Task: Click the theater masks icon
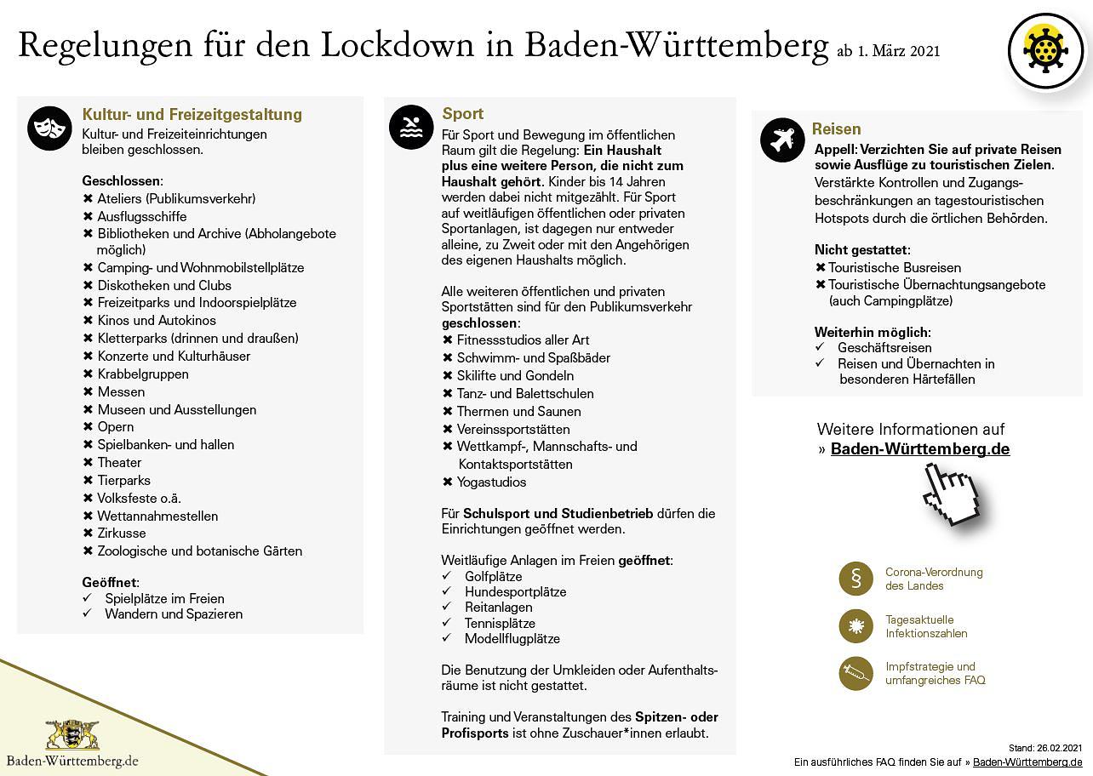49,128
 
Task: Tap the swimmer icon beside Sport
411,127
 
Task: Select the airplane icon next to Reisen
781,140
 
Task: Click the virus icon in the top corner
1045,51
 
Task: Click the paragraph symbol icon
856,579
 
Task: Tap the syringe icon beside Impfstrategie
856,674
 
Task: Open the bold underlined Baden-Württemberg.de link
920,449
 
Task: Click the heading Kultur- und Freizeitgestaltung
192,114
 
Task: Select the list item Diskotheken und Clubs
164,285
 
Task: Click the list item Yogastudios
491,482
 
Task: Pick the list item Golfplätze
493,576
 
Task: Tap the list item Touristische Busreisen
895,267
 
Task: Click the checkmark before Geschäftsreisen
820,347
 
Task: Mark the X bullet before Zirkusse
88,533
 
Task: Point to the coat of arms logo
72,734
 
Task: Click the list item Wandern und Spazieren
174,613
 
